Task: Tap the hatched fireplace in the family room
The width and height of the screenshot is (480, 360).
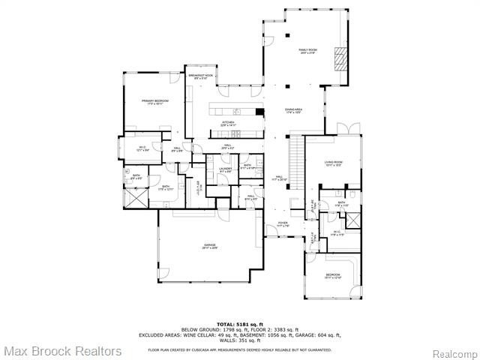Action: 342,58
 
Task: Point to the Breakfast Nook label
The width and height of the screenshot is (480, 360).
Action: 199,77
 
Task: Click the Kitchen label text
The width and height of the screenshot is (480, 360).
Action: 228,124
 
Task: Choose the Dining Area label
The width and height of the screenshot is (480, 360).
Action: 293,111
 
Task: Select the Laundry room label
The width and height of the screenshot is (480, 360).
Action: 225,170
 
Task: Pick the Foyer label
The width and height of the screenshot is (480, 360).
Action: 282,224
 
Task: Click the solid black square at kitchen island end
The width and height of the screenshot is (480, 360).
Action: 259,113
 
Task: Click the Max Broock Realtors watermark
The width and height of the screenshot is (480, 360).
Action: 61,351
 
